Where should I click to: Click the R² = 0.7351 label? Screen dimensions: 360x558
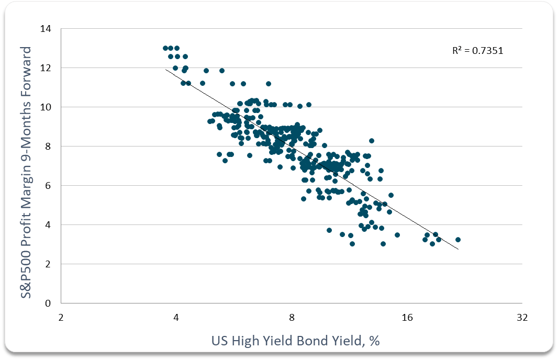(477, 51)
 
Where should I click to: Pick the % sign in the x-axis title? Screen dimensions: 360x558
(374, 341)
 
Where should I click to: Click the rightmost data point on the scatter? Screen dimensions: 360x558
(458, 240)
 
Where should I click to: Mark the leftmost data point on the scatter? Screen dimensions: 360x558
(165, 48)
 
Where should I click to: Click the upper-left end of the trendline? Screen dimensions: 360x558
(166, 69)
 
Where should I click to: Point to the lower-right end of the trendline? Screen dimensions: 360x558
(459, 250)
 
